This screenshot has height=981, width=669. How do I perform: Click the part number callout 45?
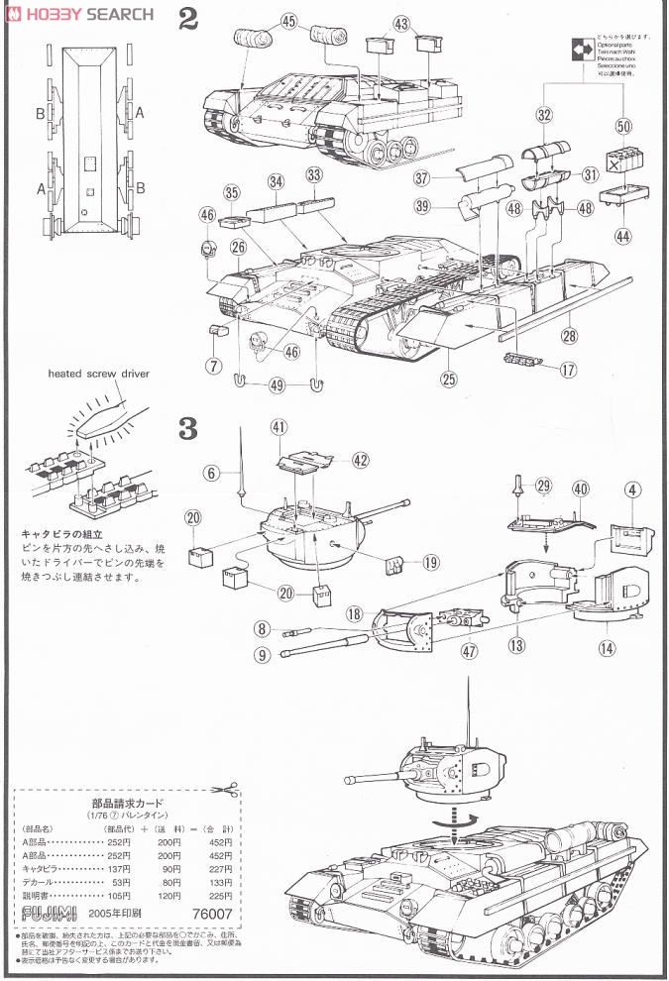click(x=288, y=21)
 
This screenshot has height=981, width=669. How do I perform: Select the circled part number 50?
click(x=622, y=126)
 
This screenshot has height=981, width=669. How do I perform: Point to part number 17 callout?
click(x=568, y=374)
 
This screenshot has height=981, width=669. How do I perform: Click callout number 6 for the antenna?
click(x=212, y=474)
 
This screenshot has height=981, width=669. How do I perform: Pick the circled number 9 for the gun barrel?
click(x=262, y=654)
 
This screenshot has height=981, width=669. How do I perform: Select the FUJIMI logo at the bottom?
click(x=40, y=915)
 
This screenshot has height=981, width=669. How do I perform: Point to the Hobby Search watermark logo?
click(x=78, y=13)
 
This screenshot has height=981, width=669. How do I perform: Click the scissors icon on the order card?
click(x=227, y=787)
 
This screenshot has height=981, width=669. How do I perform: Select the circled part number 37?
click(x=421, y=178)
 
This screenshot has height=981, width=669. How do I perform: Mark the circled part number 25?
click(x=448, y=379)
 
